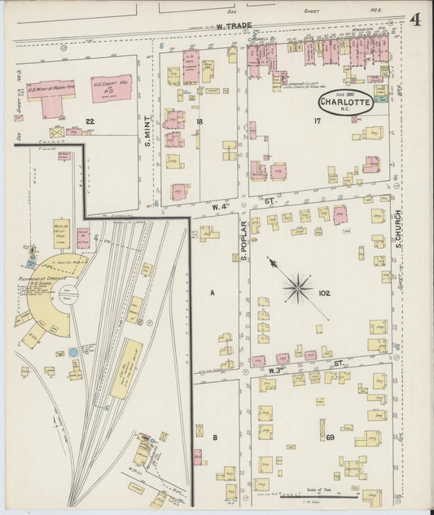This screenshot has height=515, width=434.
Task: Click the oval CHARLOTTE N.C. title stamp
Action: tap(346, 103)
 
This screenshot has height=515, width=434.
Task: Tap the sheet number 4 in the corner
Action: tap(415, 20)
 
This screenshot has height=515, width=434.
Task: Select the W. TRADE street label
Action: tap(235, 27)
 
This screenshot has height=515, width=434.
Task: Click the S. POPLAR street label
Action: tap(243, 244)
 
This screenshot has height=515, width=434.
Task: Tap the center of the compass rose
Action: tap(299, 288)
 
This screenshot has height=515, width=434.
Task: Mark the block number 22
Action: tap(90, 121)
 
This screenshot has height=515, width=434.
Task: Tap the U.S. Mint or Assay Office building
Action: tap(50, 92)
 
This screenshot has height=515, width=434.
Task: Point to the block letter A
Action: tap(213, 292)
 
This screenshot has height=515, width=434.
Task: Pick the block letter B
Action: tap(215, 438)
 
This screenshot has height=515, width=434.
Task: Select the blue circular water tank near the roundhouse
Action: tap(72, 353)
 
